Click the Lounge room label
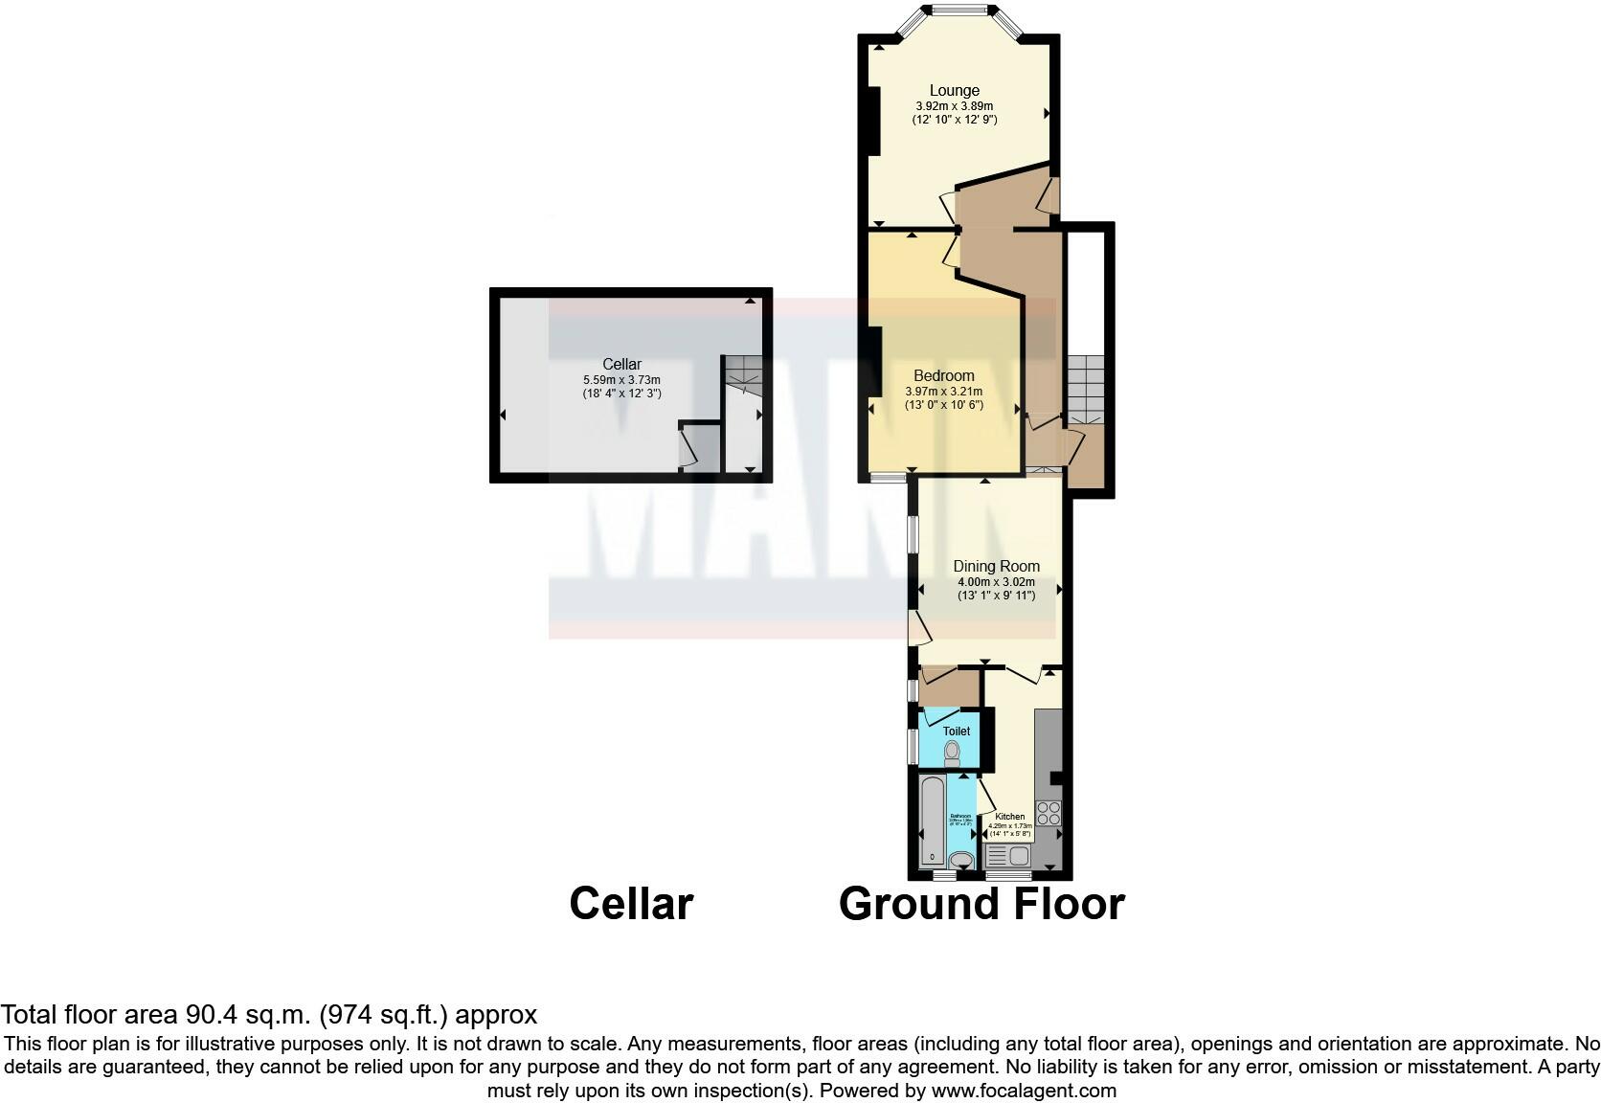954,91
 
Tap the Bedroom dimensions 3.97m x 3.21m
943,392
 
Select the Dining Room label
996,566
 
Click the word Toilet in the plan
956,731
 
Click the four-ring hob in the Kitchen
1049,813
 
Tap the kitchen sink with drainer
1007,855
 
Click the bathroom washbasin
960,861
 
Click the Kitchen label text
1009,817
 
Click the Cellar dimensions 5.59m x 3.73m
621,380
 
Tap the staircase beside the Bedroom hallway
1086,389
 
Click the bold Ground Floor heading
981,904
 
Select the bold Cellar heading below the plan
630,904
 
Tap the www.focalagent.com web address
1023,1091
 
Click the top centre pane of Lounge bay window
960,11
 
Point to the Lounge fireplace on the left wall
872,121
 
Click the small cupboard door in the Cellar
687,451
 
